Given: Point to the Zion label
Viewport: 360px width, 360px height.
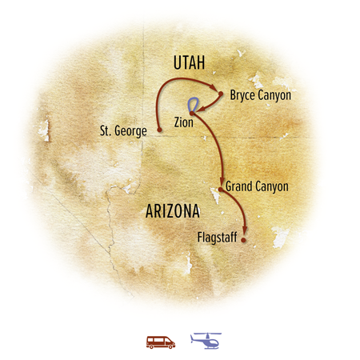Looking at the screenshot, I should point(183,123).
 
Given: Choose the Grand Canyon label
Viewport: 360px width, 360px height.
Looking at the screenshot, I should point(256,186).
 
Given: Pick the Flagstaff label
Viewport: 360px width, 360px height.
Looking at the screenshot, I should point(217,238).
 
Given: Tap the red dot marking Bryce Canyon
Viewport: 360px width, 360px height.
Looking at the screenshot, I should point(220,93).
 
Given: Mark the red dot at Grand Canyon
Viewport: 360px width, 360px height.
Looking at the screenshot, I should point(220,189).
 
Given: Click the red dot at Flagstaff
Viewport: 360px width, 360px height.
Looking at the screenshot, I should point(244,238).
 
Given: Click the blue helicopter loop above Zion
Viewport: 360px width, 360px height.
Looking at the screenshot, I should point(193,104).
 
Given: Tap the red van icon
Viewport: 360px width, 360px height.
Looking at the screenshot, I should point(160,341).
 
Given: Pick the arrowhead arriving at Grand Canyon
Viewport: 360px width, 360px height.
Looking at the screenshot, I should point(221,182).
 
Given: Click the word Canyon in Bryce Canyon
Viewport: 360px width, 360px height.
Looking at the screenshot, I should point(273,95).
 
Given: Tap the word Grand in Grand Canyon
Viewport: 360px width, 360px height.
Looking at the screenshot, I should point(239,186).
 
